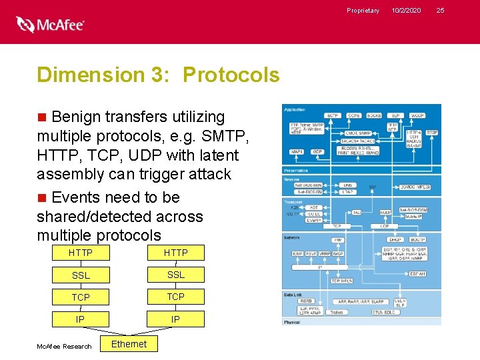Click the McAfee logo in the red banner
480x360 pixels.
coord(51,25)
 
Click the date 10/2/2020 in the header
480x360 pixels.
coord(406,10)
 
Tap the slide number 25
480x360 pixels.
coord(439,10)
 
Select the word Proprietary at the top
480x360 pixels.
coord(363,10)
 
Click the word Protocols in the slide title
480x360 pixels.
coord(231,75)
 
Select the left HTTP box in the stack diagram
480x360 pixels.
coord(81,253)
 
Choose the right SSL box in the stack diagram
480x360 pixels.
coord(176,275)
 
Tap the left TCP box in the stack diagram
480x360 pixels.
coord(81,297)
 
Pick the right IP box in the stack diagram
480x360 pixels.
coord(176,319)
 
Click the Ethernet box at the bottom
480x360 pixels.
coord(129,344)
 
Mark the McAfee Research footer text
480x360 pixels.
coord(64,346)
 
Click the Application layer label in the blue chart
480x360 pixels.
coord(295,109)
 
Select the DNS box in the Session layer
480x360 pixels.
coord(347,185)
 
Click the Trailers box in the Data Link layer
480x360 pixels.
coord(336,311)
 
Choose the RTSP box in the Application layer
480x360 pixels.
coord(432,133)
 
